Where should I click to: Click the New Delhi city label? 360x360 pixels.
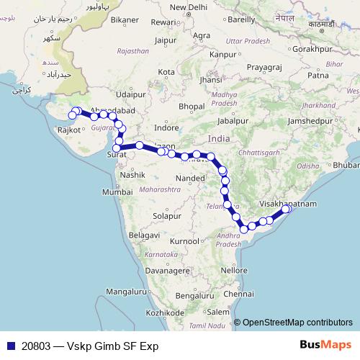[188, 8]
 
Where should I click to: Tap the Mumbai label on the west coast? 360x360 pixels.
[116, 192]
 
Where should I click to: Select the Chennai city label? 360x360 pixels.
[238, 294]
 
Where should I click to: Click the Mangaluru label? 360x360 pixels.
[125, 292]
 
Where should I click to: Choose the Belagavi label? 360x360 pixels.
[130, 235]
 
